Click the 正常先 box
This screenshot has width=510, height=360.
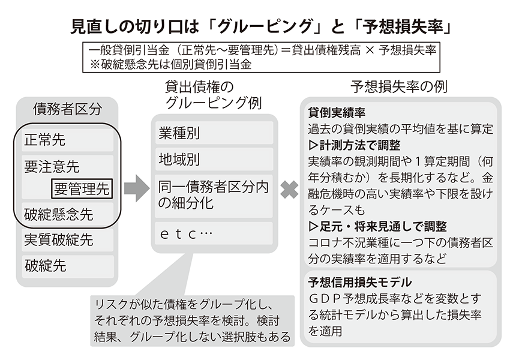[x=68, y=140]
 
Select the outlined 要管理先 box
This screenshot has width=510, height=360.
[x=82, y=188]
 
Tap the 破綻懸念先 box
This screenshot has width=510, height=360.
[x=68, y=214]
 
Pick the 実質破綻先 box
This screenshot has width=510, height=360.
[x=68, y=239]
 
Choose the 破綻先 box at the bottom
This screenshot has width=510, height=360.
[x=68, y=266]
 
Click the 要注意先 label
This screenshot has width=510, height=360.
[x=52, y=167]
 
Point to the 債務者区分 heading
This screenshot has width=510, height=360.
[x=67, y=109]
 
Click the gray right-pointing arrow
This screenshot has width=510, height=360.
[x=137, y=188]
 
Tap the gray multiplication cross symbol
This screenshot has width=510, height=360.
[x=289, y=190]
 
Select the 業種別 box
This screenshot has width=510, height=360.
[x=214, y=133]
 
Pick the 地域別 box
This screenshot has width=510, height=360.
[x=214, y=160]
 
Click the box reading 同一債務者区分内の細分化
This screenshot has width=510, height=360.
[x=214, y=196]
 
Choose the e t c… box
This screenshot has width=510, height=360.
[x=214, y=233]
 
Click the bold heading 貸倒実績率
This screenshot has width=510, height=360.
[x=337, y=113]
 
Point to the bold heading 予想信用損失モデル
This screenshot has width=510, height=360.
[x=360, y=282]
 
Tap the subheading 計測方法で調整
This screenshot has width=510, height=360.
[x=355, y=145]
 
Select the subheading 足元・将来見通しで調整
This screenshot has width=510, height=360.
[x=377, y=226]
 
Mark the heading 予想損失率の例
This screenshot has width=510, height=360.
[x=399, y=87]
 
